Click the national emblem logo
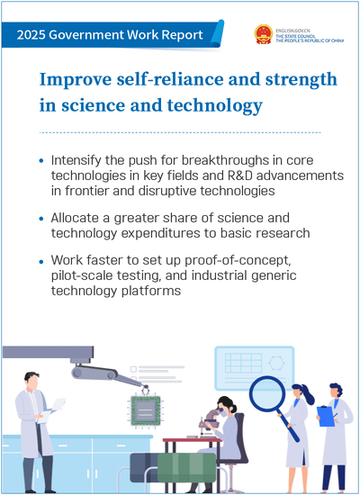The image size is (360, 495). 264,34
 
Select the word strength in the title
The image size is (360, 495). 301,80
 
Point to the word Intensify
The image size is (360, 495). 76,160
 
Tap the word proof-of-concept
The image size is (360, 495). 238,261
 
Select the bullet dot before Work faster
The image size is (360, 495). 41,262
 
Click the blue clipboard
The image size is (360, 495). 326,416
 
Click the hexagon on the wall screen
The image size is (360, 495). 276,363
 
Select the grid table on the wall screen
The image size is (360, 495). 244,363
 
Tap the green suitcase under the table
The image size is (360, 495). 186,467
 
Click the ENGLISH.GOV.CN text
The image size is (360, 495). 292,31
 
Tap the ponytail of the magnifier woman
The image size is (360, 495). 308,397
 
